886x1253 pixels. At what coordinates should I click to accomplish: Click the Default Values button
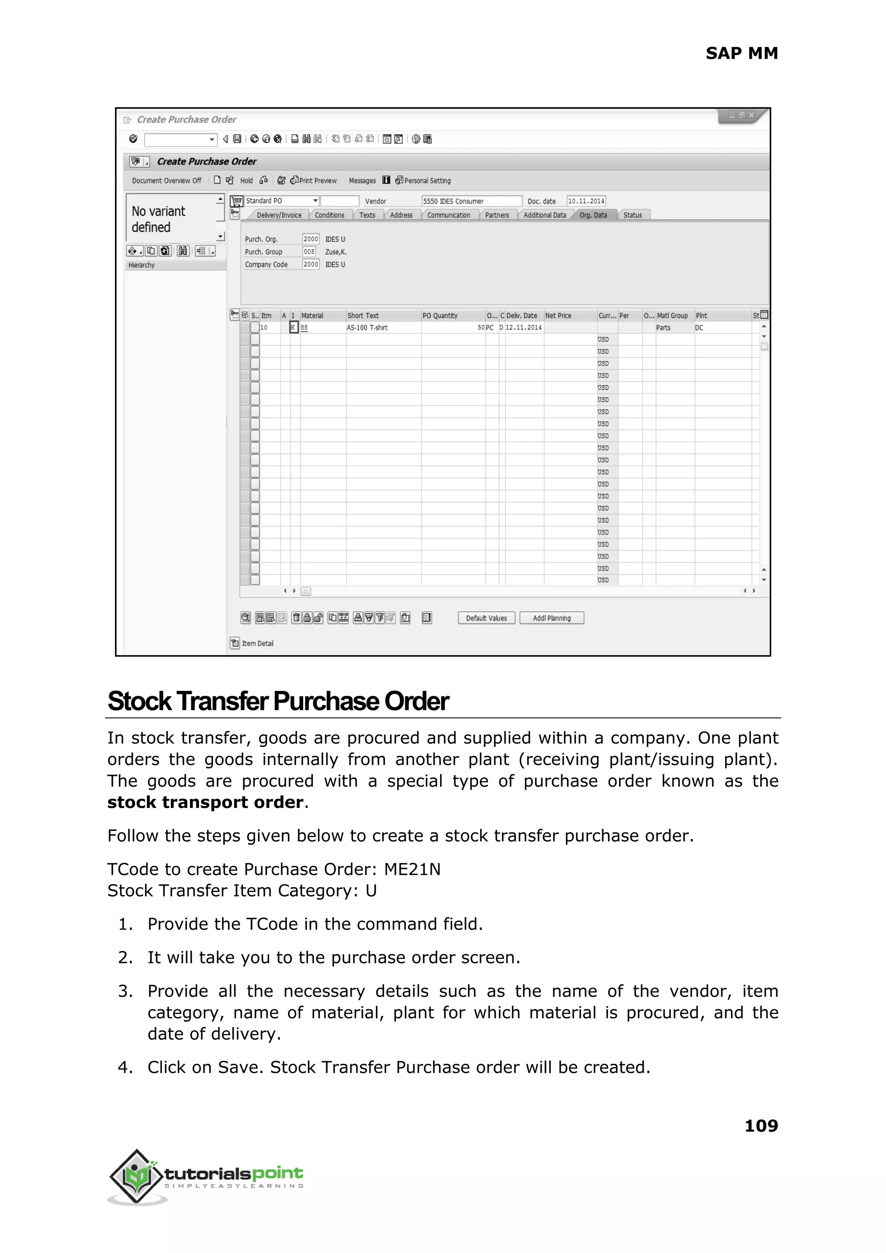(x=486, y=618)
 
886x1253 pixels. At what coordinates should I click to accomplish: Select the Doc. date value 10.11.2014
(x=585, y=201)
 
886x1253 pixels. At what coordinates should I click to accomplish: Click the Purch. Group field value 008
(x=309, y=252)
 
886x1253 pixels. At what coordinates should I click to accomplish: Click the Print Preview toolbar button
(x=314, y=181)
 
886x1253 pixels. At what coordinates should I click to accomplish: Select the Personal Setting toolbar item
(x=424, y=181)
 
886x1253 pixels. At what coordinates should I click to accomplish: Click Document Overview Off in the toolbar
(x=167, y=181)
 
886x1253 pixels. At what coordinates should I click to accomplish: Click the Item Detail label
(x=257, y=643)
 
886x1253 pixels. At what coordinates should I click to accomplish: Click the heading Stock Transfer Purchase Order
(x=278, y=701)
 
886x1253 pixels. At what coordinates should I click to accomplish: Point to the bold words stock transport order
(x=205, y=802)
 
